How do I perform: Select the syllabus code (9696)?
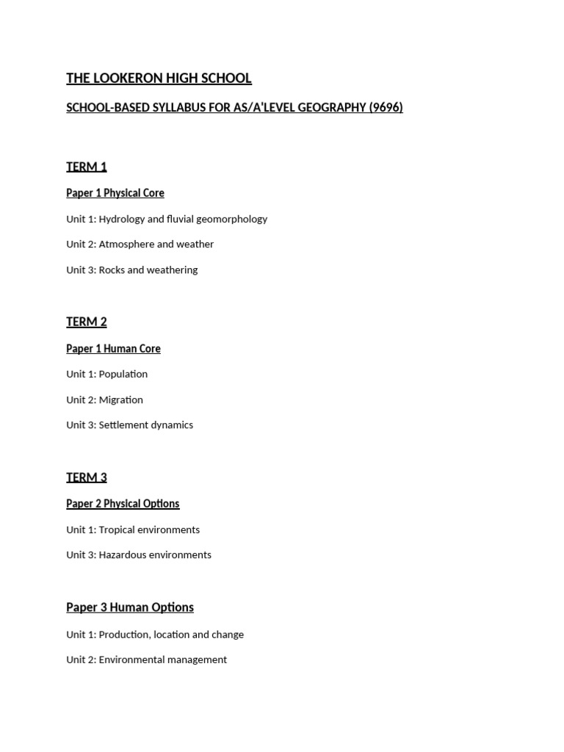386,108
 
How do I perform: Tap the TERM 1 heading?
87,167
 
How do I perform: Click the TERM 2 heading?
87,322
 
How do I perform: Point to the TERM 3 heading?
87,478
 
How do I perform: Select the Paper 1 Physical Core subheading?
115,193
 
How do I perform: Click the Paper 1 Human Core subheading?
113,349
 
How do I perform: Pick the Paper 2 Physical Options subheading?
123,504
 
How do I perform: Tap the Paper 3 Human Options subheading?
130,607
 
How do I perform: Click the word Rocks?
112,270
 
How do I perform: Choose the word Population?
123,374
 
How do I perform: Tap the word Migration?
121,399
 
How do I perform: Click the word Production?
125,634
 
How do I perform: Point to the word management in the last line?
195,659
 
